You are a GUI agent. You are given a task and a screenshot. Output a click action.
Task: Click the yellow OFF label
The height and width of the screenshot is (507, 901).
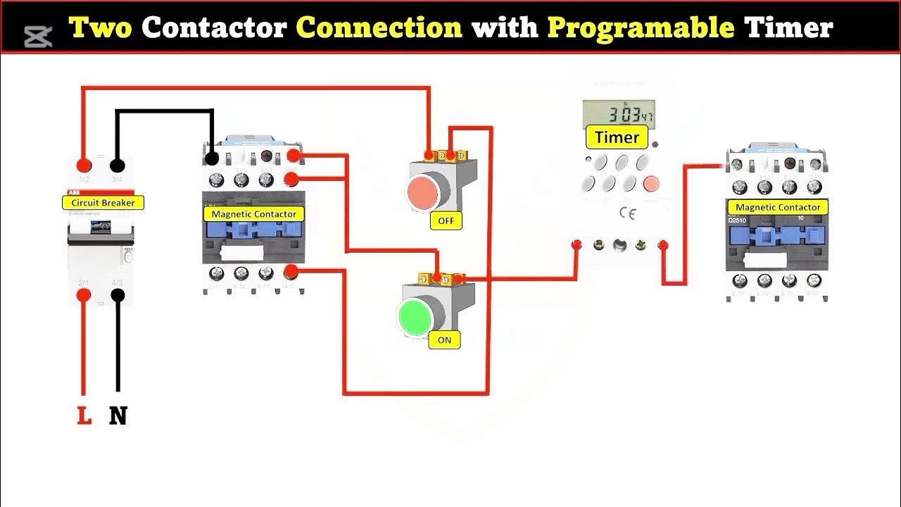point(446,220)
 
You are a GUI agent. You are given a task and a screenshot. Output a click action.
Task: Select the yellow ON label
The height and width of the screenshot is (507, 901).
point(444,340)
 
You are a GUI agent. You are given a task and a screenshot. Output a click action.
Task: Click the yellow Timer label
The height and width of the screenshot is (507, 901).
point(617,137)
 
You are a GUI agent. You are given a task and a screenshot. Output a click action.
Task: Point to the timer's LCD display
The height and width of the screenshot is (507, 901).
point(619,114)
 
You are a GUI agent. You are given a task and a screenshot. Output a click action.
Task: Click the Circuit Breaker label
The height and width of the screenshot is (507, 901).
point(103,203)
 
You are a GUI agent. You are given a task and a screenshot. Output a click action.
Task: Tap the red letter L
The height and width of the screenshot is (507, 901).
point(84,416)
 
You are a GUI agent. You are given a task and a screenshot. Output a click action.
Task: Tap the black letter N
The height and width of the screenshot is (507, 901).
point(118,416)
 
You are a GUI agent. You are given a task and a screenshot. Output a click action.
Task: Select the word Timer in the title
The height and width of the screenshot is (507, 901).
point(788,28)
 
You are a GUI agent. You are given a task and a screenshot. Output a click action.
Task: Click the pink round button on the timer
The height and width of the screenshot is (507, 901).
point(652,184)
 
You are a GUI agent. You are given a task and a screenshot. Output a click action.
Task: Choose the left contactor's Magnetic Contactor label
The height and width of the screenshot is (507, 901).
point(253,213)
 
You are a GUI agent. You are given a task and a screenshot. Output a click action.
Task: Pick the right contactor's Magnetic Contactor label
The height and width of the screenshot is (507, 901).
point(778,207)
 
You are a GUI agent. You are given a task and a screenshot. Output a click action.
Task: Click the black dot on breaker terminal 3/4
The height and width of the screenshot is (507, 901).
point(118,165)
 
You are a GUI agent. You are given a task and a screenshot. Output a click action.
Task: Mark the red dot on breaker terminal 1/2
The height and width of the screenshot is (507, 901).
point(84,165)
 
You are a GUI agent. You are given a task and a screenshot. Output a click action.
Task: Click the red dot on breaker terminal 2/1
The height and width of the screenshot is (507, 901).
point(84,296)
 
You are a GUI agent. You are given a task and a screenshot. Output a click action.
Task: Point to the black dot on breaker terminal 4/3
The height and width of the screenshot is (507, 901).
point(118,296)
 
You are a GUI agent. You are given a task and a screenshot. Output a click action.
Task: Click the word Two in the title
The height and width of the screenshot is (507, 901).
point(101,28)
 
